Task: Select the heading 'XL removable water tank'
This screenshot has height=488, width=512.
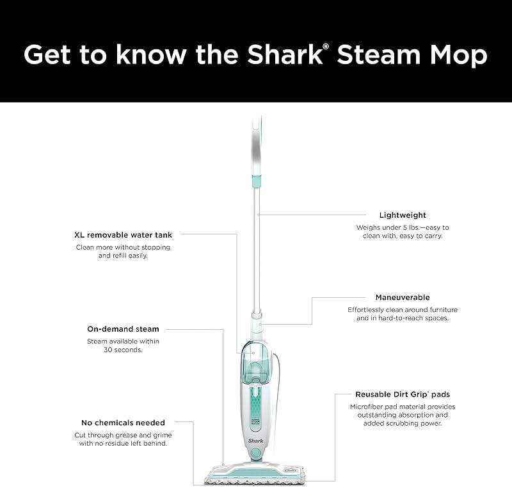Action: click(123, 235)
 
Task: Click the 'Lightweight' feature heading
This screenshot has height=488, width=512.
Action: click(403, 215)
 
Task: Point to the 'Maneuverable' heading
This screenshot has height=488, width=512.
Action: click(403, 297)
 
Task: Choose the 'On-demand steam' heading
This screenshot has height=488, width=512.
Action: click(123, 329)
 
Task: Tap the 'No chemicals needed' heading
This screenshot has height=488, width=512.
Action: click(123, 423)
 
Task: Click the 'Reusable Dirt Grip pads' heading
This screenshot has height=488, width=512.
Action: click(403, 394)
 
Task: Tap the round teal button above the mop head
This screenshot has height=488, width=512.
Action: click(256, 453)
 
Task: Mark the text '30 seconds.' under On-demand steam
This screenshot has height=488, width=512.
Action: click(123, 350)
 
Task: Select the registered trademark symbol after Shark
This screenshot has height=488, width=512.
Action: click(327, 47)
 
